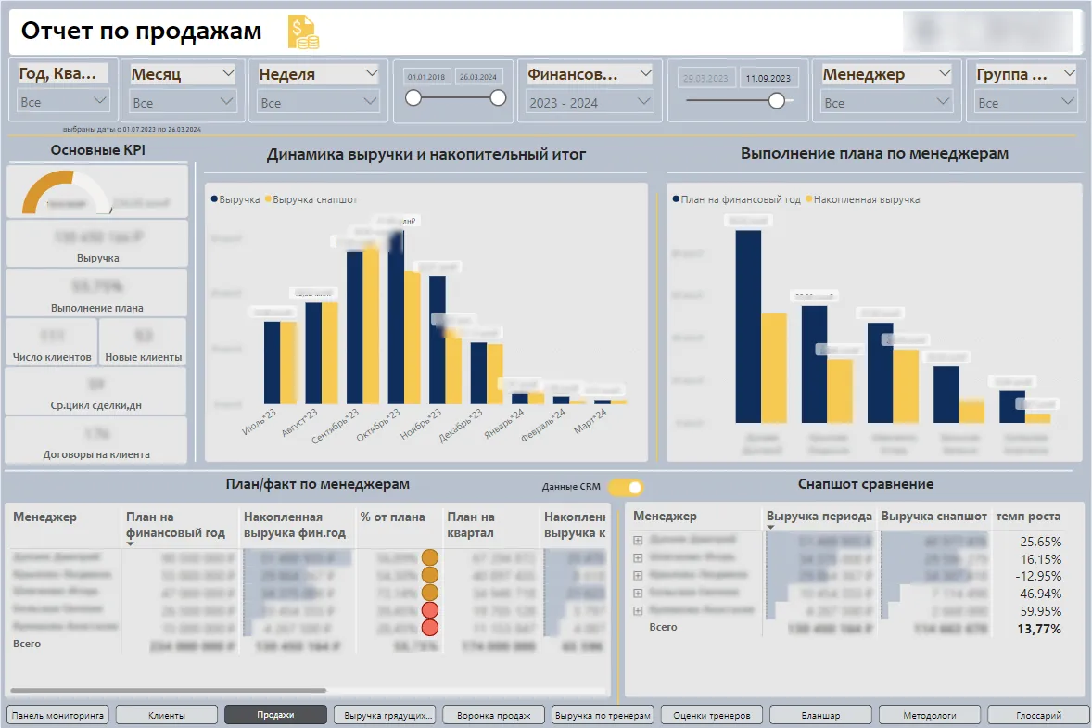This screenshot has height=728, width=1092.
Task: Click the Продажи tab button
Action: pyautogui.click(x=275, y=715)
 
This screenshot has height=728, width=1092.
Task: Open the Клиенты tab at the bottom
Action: pyautogui.click(x=166, y=715)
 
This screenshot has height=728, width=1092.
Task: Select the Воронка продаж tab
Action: pyautogui.click(x=494, y=715)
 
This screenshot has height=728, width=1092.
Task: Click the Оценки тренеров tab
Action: pyautogui.click(x=711, y=715)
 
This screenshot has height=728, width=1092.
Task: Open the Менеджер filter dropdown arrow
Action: pyautogui.click(x=944, y=73)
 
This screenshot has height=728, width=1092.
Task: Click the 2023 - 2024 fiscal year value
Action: pyautogui.click(x=564, y=103)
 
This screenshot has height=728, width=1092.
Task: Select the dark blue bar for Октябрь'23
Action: pyautogui.click(x=397, y=315)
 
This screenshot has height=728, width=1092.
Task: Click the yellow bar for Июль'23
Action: pyautogui.click(x=287, y=363)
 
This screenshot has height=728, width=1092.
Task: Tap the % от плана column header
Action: pyautogui.click(x=392, y=517)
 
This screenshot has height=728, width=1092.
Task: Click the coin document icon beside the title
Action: pyautogui.click(x=303, y=32)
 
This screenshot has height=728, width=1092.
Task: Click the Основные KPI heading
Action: pyautogui.click(x=97, y=149)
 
